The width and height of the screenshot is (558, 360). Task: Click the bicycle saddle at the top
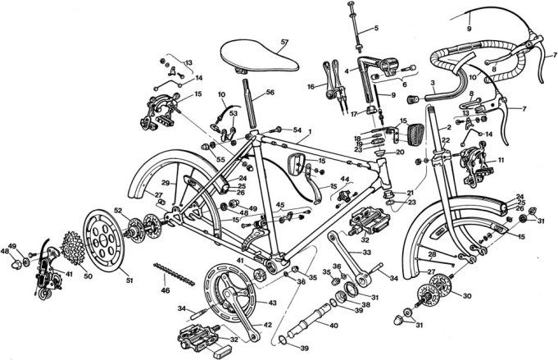[251, 55]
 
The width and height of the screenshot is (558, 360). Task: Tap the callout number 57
[284, 41]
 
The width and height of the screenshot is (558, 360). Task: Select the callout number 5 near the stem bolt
[376, 30]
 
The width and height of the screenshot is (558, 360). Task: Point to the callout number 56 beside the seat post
[270, 93]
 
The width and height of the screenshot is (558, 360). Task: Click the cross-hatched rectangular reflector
[421, 134]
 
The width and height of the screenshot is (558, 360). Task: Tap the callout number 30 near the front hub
[468, 296]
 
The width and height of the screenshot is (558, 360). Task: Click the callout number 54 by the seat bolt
[297, 130]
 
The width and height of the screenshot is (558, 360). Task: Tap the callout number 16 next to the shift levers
[311, 85]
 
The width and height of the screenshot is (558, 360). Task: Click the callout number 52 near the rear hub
[118, 212]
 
